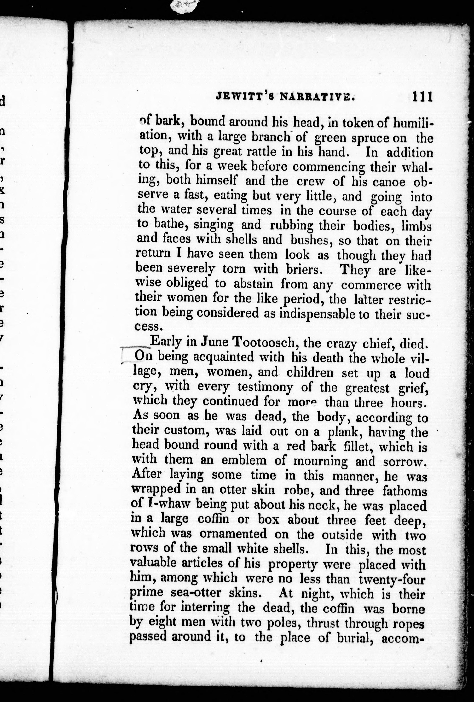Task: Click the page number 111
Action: pos(422,97)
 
